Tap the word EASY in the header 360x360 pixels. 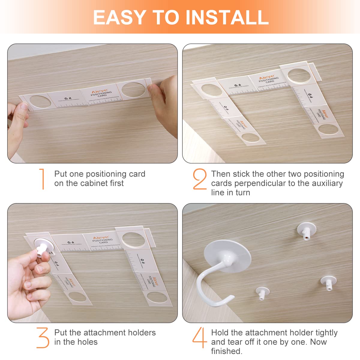coord(119,17)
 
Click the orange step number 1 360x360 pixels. coord(42,179)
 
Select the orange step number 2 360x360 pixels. coord(200,179)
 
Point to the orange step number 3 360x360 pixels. coord(43,337)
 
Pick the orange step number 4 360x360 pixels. coord(199,337)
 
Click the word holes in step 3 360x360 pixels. coord(87,342)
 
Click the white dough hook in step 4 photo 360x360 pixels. coord(210,288)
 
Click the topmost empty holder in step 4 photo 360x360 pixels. coord(306,231)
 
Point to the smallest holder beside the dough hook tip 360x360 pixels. coord(262,292)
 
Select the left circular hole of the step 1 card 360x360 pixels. coord(40,102)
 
